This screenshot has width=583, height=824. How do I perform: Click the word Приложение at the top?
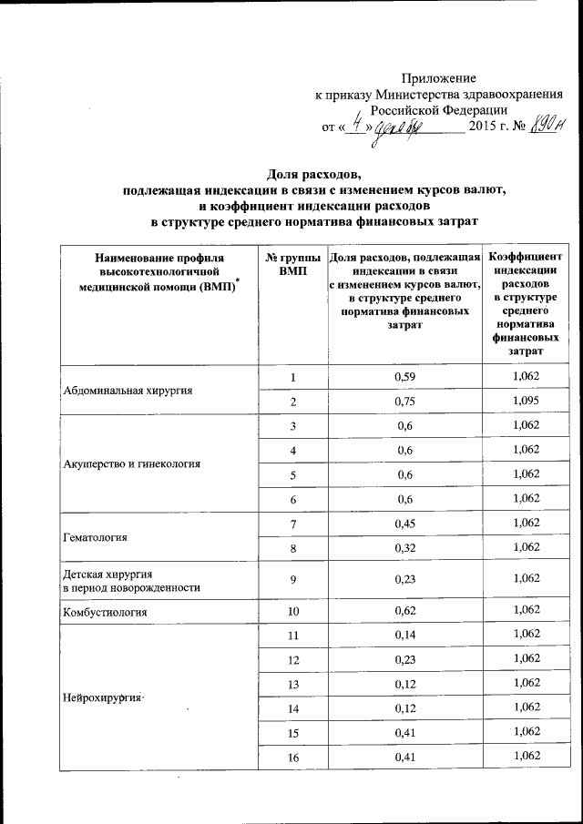pyautogui.click(x=439, y=78)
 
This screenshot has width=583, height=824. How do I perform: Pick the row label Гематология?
pyautogui.click(x=95, y=536)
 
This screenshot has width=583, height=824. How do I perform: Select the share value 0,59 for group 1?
pyautogui.click(x=404, y=377)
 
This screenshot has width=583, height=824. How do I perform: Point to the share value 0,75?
pyautogui.click(x=404, y=402)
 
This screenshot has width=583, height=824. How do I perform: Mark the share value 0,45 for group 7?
pyautogui.click(x=404, y=523)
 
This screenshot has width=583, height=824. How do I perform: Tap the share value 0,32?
pyautogui.click(x=404, y=547)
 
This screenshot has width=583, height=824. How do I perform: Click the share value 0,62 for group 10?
pyautogui.click(x=404, y=612)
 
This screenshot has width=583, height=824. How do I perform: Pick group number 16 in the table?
pyautogui.click(x=292, y=757)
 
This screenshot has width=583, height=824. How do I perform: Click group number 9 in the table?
pyautogui.click(x=292, y=579)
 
